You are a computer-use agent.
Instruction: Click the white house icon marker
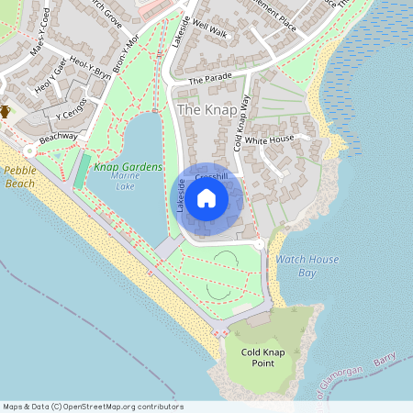click(206, 197)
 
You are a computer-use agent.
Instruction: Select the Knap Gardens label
click(128, 167)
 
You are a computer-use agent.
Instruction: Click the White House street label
click(269, 140)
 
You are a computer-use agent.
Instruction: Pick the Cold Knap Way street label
click(241, 124)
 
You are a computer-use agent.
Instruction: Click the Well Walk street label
click(210, 31)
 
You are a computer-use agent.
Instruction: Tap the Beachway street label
click(58, 138)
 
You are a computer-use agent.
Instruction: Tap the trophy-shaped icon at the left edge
click(5, 112)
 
